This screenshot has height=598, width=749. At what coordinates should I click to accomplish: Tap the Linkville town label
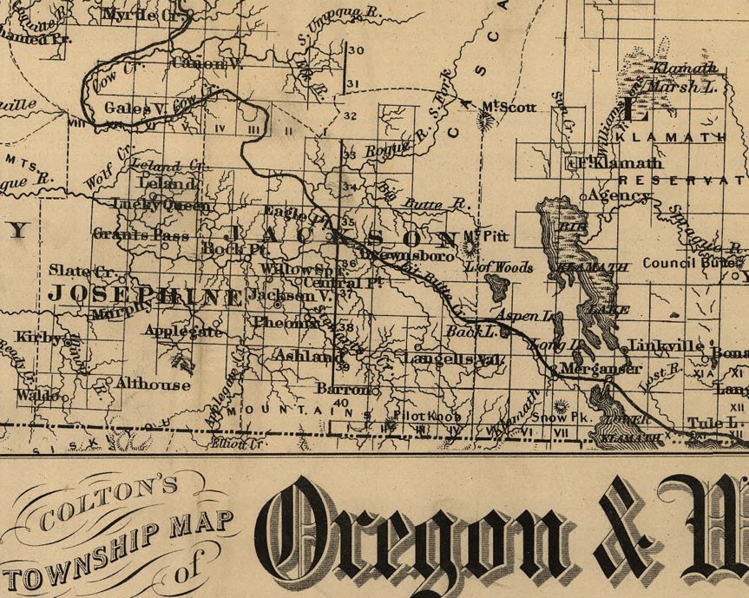click(x=666, y=345)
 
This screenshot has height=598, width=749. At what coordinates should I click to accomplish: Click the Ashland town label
click(x=304, y=356)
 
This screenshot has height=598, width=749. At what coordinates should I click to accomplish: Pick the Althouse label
click(x=153, y=384)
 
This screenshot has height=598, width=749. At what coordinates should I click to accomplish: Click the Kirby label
click(x=40, y=337)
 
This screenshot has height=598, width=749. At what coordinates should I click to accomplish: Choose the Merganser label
click(x=594, y=368)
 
